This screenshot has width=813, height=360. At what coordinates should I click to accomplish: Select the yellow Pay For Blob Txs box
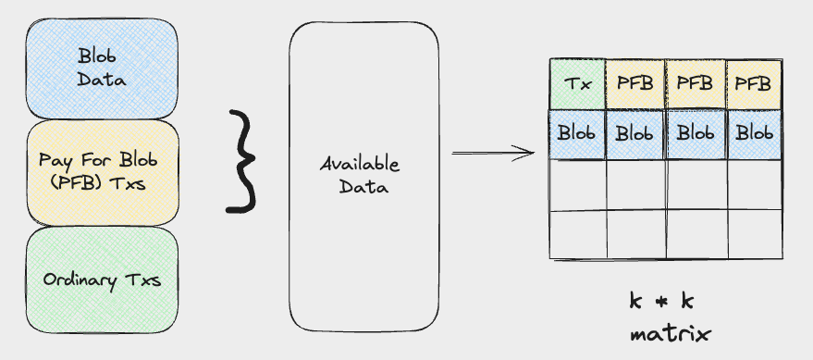pos(102,172)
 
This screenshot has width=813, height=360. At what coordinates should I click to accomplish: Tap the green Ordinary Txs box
pos(102,279)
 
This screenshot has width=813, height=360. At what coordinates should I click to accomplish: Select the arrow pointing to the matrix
pos(494,153)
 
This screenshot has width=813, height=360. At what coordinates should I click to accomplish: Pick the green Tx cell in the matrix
pos(578,84)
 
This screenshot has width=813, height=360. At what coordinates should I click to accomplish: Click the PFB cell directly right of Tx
pos(635,84)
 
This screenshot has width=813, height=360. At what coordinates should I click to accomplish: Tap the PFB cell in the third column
pos(695,84)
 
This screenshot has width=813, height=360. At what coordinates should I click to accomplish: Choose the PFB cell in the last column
pos(752,84)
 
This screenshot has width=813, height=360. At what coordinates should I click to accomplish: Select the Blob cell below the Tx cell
pos(578,133)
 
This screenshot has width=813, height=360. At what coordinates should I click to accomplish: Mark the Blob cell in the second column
pos(635,133)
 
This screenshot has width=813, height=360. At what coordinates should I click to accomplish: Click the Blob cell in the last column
pos(752,133)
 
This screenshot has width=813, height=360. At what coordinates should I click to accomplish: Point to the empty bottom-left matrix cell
pos(578,234)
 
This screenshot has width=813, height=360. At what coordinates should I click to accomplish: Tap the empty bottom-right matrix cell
pos(752,234)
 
